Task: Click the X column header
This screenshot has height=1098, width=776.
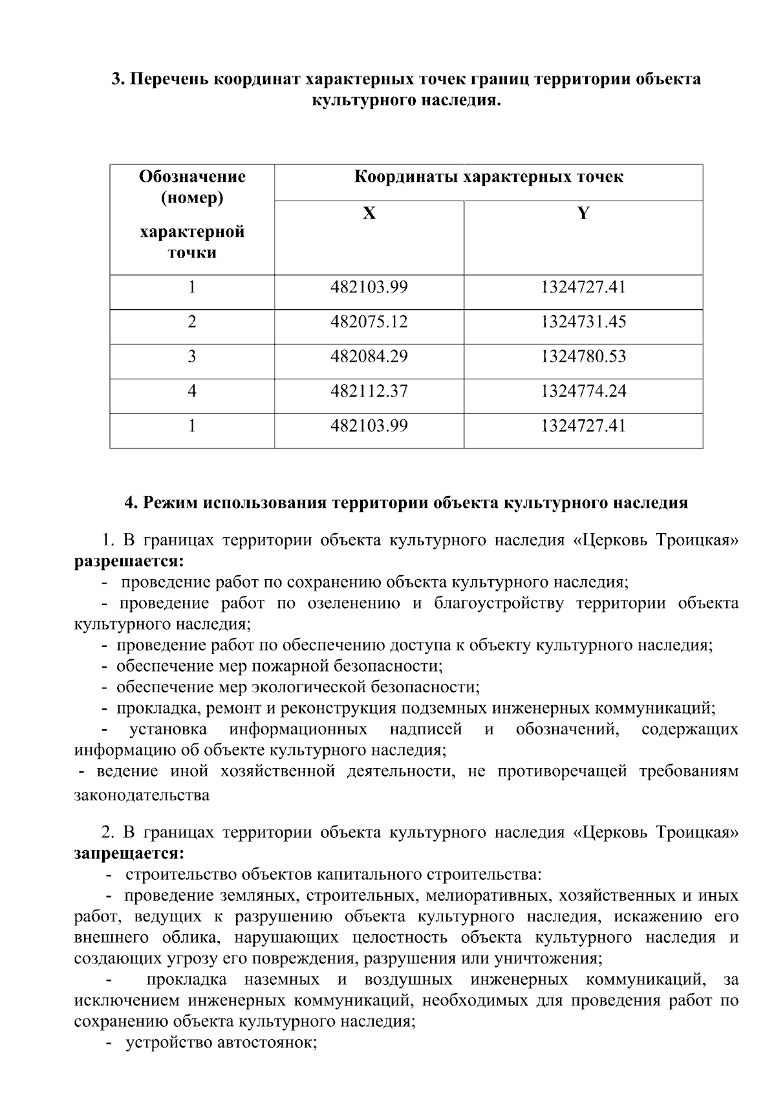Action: click(x=369, y=214)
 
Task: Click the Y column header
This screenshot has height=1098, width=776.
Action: click(x=583, y=214)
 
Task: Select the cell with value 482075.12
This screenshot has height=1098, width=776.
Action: click(x=369, y=322)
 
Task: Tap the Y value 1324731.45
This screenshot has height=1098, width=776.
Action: click(x=583, y=322)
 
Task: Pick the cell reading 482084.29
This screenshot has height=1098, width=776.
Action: click(x=369, y=357)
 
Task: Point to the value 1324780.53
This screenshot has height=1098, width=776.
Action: click(x=583, y=357)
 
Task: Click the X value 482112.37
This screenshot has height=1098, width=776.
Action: click(x=369, y=391)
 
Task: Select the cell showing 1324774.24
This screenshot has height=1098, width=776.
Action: click(x=583, y=391)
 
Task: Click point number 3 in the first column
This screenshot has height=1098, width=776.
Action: click(x=192, y=357)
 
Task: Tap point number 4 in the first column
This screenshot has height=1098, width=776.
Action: click(x=192, y=391)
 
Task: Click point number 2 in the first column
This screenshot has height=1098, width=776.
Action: click(x=192, y=322)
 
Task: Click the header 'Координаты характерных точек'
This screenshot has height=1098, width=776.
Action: click(x=488, y=177)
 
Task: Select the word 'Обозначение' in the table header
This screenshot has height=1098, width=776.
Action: click(x=192, y=177)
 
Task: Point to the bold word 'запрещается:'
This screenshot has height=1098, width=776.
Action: click(x=129, y=853)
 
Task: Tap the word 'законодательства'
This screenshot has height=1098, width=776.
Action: click(x=142, y=795)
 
